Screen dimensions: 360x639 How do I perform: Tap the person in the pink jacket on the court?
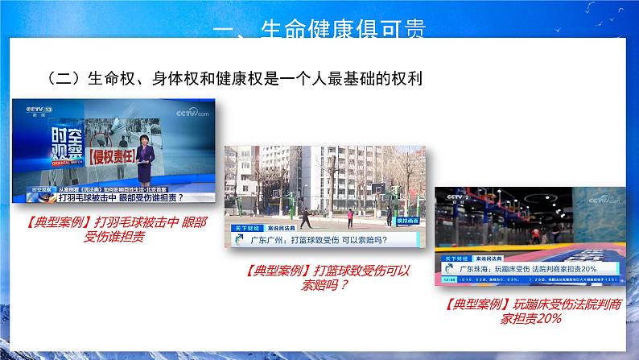pyautogui.click(x=351, y=216)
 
